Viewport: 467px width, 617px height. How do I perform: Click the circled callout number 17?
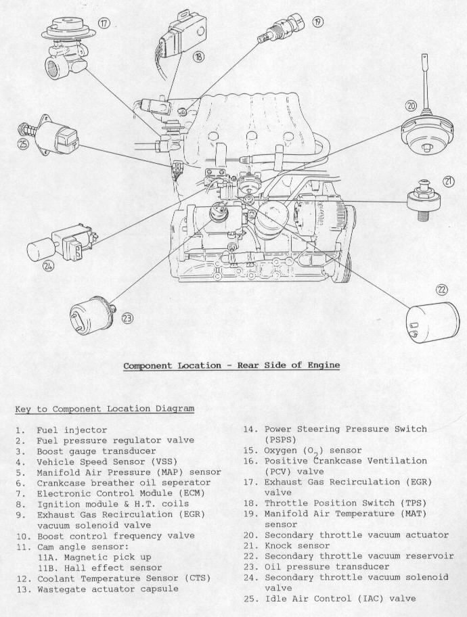(104, 23)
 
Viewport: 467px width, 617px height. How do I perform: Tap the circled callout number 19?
(317, 22)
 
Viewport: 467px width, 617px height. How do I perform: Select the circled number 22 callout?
(441, 290)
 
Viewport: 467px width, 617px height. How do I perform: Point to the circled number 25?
(23, 144)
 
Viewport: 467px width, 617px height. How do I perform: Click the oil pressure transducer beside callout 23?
(93, 313)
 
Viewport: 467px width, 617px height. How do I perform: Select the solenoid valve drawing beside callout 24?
(62, 246)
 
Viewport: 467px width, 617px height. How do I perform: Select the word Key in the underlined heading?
(23, 409)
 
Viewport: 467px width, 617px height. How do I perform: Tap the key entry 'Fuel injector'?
(72, 430)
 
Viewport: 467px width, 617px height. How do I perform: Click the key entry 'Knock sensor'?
(297, 546)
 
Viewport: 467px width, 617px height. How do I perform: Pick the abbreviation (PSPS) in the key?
(280, 440)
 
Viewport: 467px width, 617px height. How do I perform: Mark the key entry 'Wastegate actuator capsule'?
(108, 589)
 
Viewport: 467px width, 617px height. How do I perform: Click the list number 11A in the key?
(47, 557)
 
